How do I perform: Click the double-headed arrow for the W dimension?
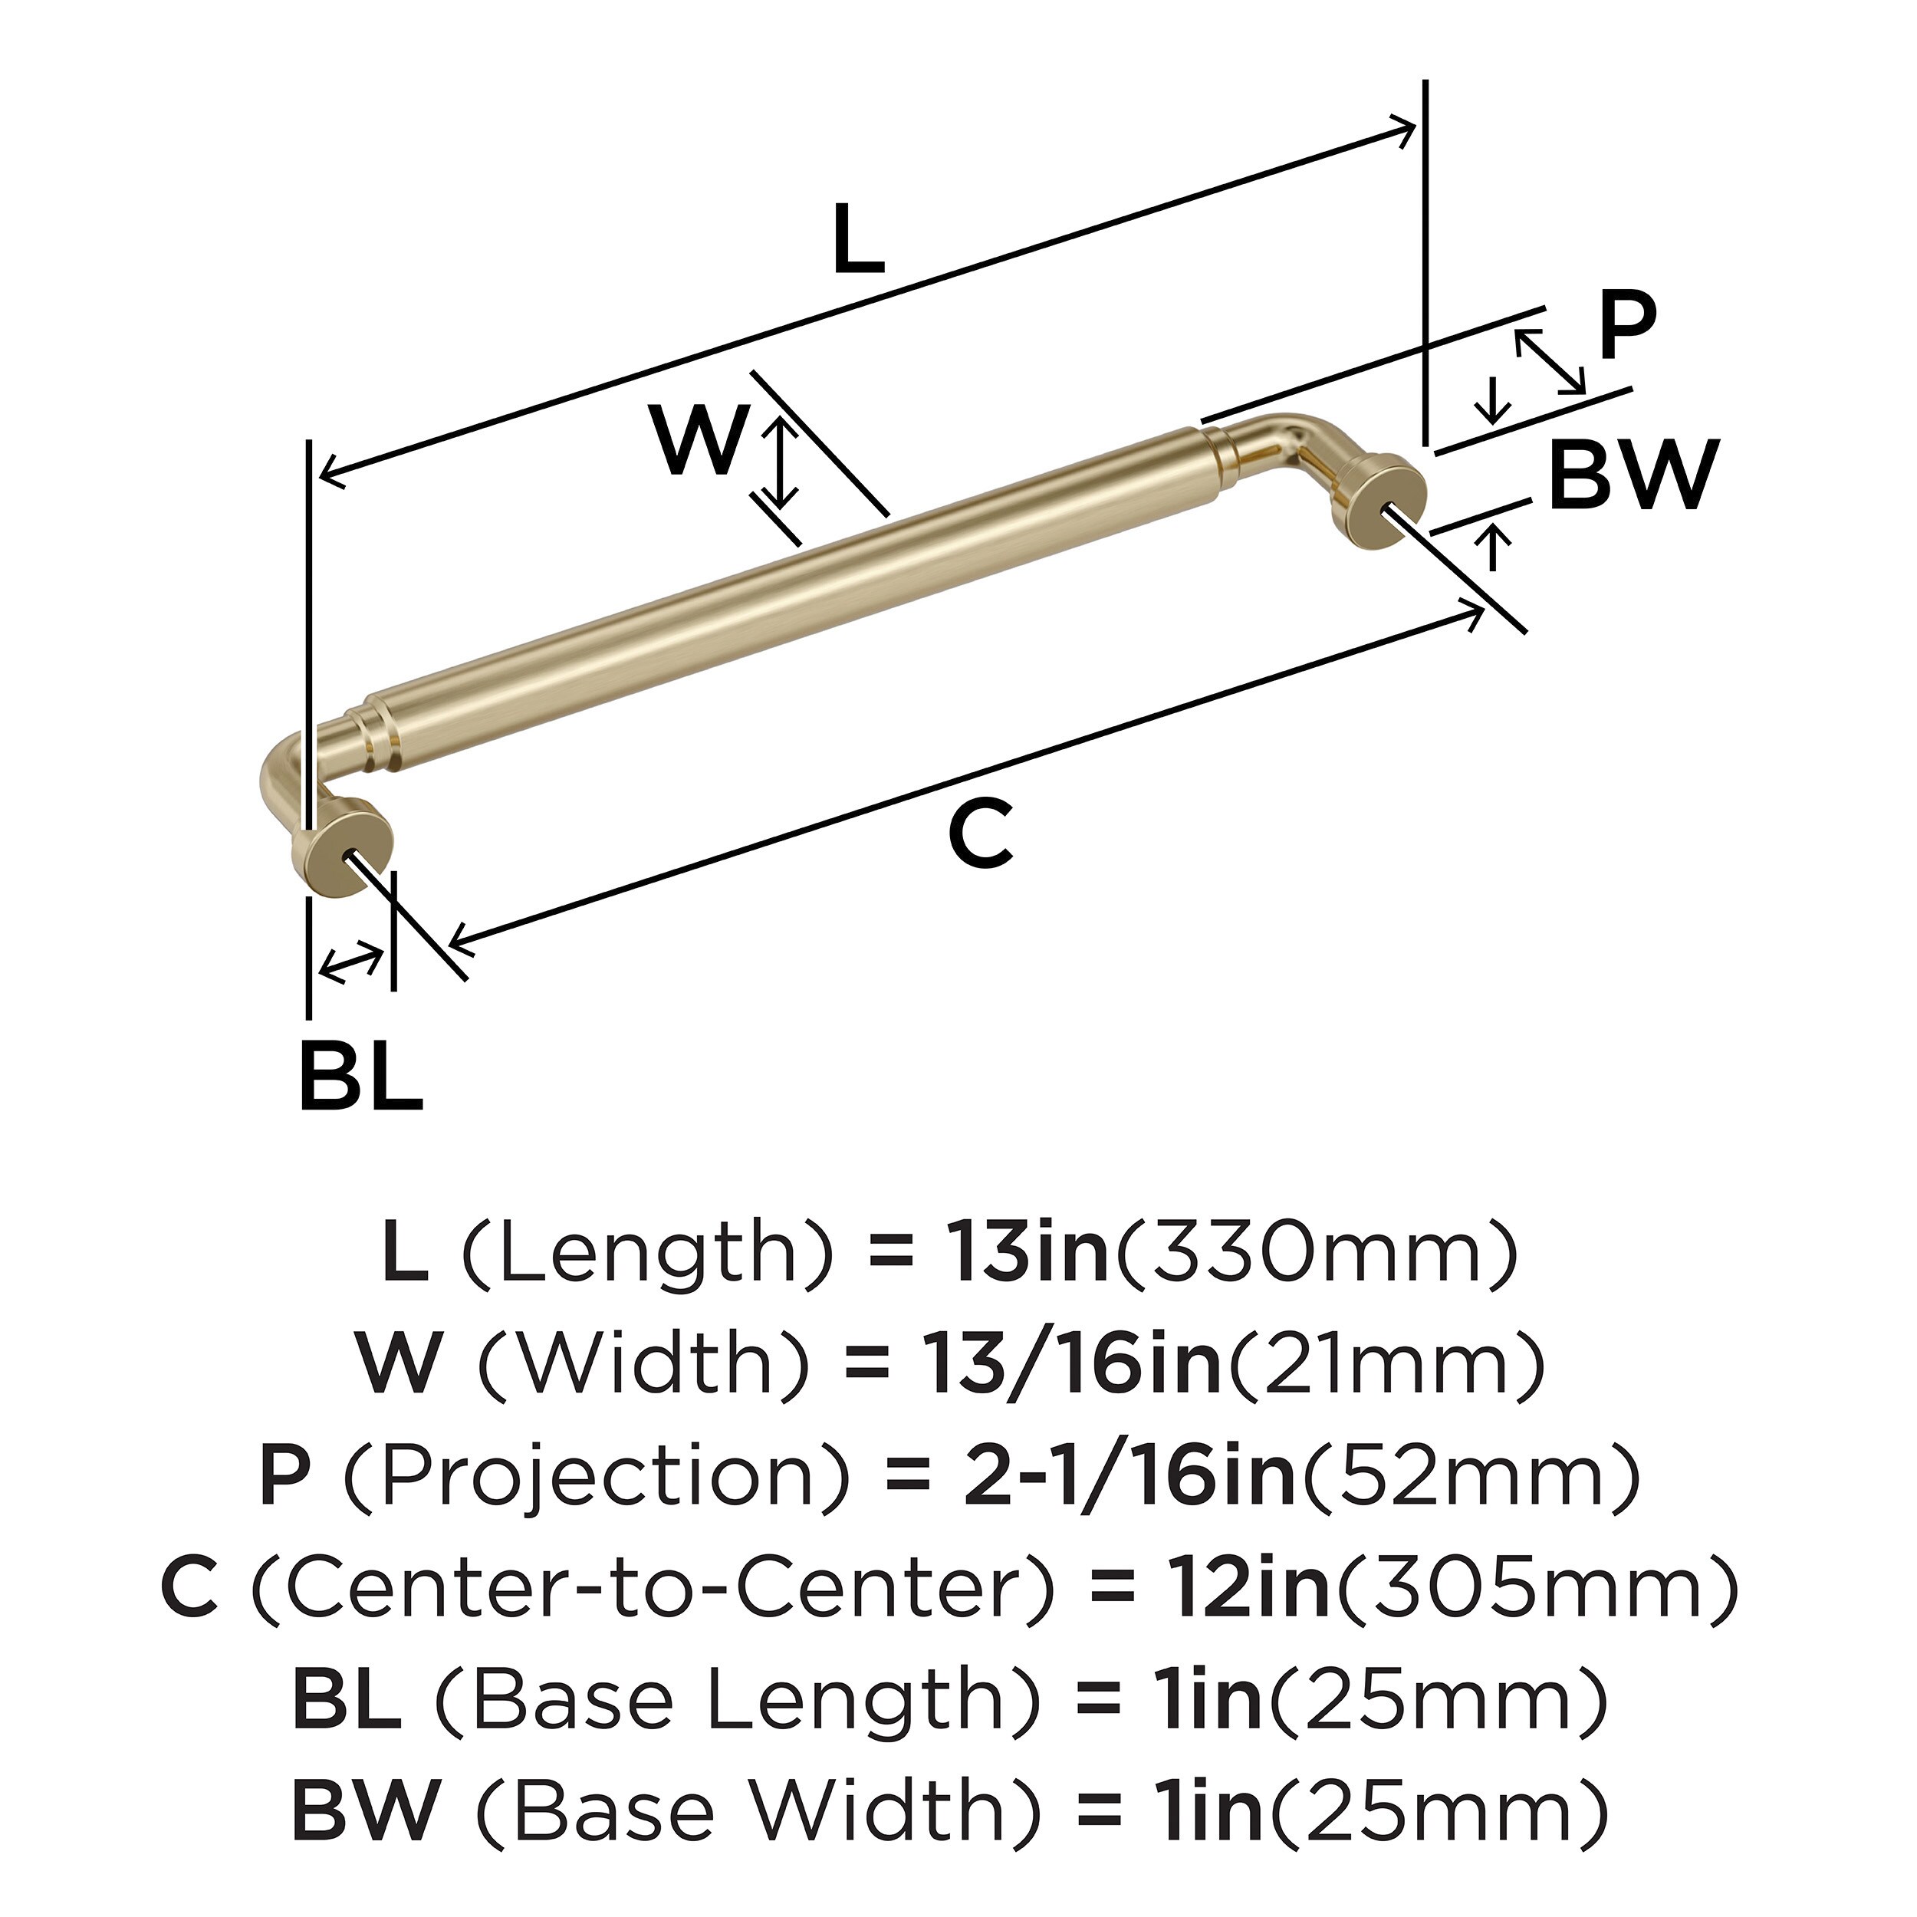[782, 462]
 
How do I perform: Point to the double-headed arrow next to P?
[1549, 361]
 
